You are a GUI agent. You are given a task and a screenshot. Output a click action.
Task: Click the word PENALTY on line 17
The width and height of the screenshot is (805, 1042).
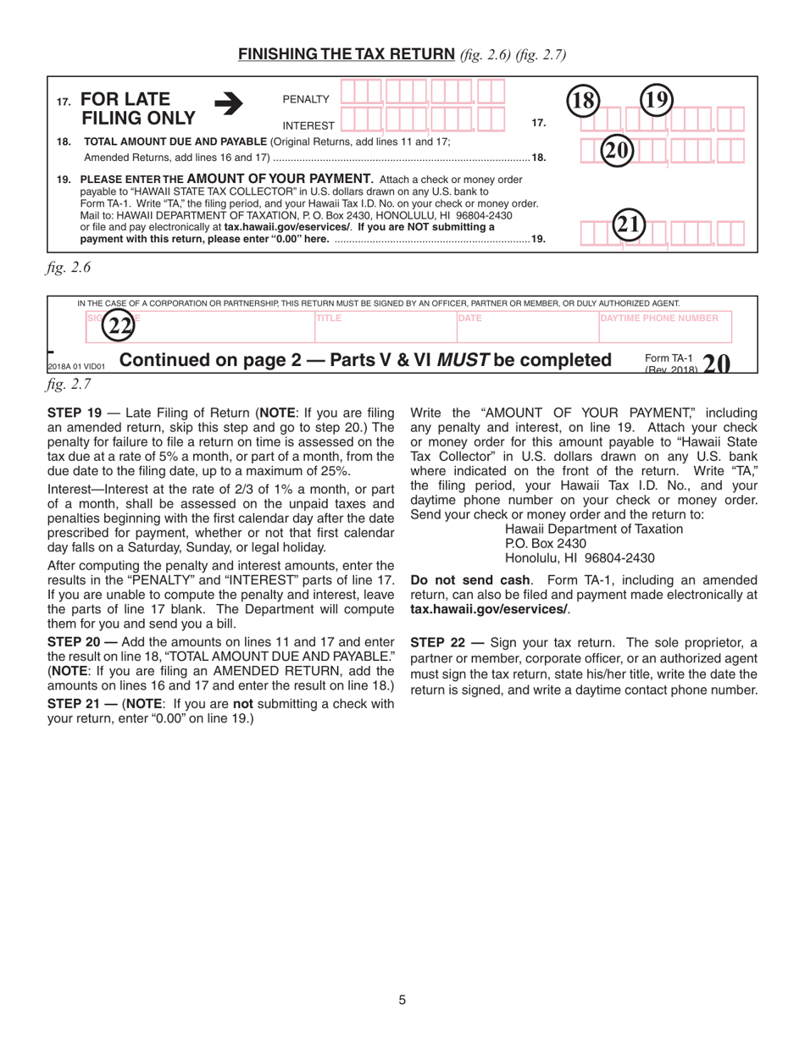click(x=305, y=100)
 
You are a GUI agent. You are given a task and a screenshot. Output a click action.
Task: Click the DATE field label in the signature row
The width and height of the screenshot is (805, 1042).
click(x=469, y=318)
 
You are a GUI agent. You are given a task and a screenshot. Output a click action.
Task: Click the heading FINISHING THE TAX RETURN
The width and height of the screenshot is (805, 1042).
click(x=347, y=55)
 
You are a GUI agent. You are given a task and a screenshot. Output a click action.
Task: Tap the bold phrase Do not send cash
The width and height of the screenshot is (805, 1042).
click(x=458, y=580)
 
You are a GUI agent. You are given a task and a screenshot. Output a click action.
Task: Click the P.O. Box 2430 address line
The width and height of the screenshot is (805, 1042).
click(x=544, y=544)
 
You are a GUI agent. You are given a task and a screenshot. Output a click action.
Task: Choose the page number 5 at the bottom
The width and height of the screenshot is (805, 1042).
click(x=402, y=1000)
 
